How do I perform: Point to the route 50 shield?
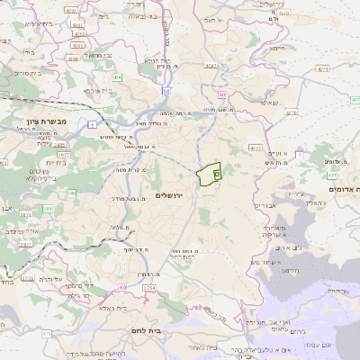pyautogui.click(x=166, y=91)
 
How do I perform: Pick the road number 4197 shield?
pyautogui.click(x=211, y=66)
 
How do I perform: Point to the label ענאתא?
pyautogui.click(x=269, y=103)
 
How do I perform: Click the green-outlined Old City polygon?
pyautogui.click(x=209, y=173)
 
